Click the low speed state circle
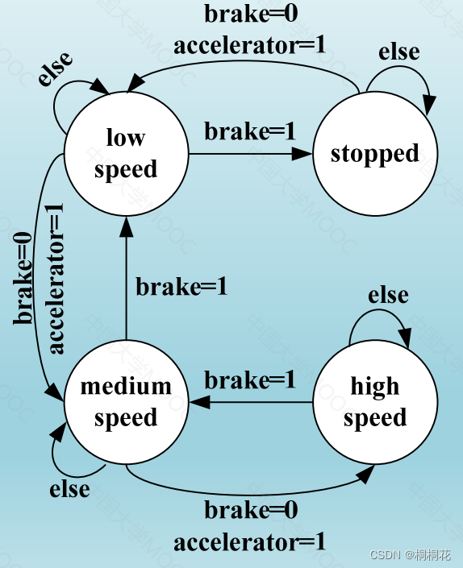coord(126,153)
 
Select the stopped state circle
coord(375,153)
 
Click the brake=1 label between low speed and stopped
coord(250,131)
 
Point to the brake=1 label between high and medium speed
coord(250,380)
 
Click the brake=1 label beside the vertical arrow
coord(181,287)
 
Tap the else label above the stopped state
coord(399,52)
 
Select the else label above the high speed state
coord(388,296)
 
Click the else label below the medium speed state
coord(69,489)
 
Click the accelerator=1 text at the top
coord(250,44)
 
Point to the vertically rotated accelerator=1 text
coord(55,278)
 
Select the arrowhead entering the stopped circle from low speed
coord(303,153)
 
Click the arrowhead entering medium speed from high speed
coord(198,401)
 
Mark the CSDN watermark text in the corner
coord(410,555)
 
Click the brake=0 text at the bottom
coord(250,511)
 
